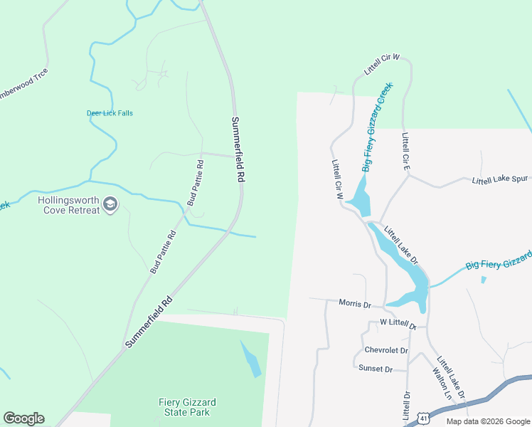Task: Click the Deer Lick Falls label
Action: pos(110,113)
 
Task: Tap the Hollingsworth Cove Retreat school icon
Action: pos(110,205)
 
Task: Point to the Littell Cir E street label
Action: pos(405,150)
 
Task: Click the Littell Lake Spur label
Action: pos(500,180)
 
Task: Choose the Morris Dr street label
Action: pos(355,304)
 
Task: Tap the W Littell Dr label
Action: pos(398,323)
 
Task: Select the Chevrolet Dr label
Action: pos(386,350)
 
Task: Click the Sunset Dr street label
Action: pos(377,369)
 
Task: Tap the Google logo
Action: pos(23,418)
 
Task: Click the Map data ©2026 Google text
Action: pos(487,421)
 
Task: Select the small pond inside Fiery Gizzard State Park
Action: pos(251,359)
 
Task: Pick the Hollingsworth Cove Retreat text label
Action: pos(68,206)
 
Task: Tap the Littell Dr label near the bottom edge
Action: pos(407,406)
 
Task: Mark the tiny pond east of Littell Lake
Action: pos(484,280)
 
